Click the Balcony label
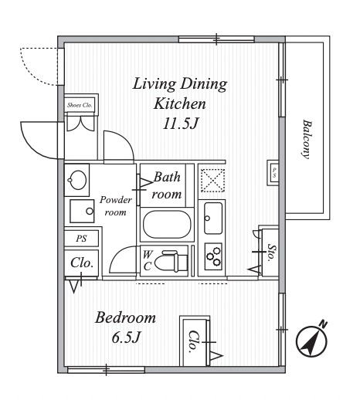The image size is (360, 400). point(307,139)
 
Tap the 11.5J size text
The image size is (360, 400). point(181,124)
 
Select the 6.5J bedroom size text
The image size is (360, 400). point(127,337)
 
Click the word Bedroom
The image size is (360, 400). point(125,317)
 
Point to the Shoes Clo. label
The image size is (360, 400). point(80,105)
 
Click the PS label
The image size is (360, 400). point(81,239)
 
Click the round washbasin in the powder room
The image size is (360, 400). point(77,180)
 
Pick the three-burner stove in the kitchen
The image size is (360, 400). point(213,256)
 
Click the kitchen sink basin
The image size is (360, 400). point(213,219)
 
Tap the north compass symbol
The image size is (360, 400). point(312,341)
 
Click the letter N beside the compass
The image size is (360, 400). point(323,324)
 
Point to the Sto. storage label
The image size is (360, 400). point(272,253)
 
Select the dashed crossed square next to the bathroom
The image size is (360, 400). point(212,180)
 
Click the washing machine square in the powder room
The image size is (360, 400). point(82,211)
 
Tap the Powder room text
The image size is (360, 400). point(116,206)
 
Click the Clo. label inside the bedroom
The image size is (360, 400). point(194,341)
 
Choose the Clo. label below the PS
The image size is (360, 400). point(82,263)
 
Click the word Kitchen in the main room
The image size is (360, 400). point(180,103)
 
